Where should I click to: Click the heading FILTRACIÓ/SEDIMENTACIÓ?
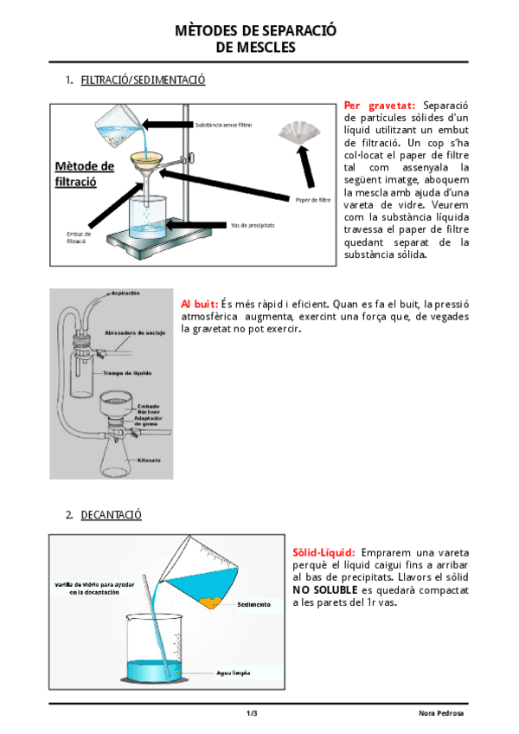(143, 80)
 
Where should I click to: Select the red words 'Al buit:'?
(199, 304)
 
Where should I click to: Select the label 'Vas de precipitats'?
(253, 225)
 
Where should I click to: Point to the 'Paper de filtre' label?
(313, 200)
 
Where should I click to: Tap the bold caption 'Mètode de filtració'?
(84, 174)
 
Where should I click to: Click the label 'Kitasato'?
(150, 460)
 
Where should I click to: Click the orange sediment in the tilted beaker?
(210, 600)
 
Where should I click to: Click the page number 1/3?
(252, 712)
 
